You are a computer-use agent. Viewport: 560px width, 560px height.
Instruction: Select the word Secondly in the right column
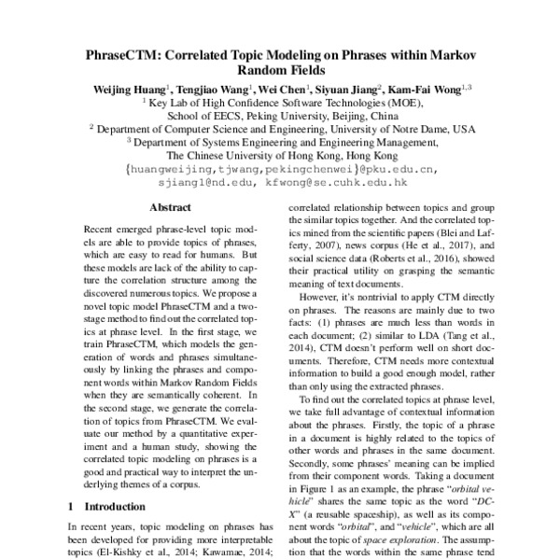[315, 466]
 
